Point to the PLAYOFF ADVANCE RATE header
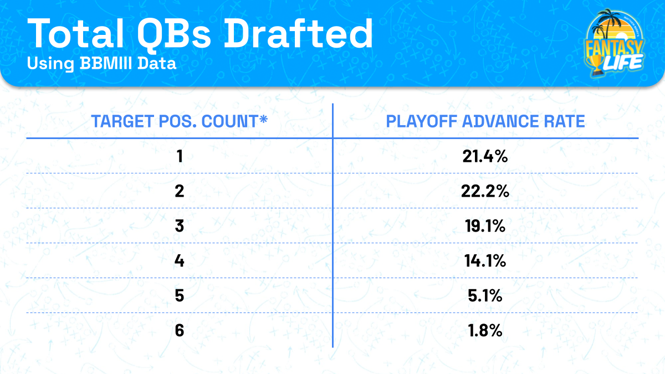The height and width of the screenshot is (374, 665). (485, 121)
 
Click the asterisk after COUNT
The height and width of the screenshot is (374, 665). (263, 119)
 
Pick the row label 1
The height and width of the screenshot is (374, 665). (179, 157)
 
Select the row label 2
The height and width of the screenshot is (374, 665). (179, 191)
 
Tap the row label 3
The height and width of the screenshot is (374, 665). (179, 226)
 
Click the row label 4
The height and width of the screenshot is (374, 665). (179, 261)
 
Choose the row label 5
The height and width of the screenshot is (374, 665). (179, 296)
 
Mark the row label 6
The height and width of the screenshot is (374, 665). (179, 331)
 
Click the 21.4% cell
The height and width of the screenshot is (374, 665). (485, 157)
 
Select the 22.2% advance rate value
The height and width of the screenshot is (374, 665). (485, 191)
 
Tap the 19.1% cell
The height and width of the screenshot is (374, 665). (485, 226)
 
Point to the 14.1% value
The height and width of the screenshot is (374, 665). (485, 261)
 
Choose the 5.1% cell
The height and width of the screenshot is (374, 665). (485, 296)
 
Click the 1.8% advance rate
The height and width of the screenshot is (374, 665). (485, 331)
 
